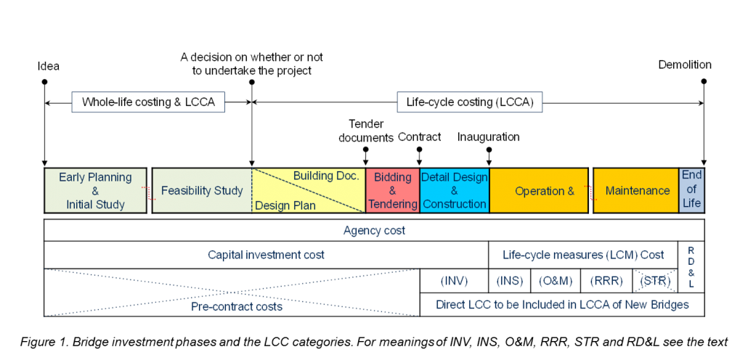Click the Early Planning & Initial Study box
point(95,191)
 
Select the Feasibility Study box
point(202,191)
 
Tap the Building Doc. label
point(326,176)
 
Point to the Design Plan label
point(285,205)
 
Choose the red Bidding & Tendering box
point(393,191)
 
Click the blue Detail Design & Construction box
point(455,191)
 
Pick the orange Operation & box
point(539,191)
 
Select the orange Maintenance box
point(637,191)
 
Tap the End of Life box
point(691,189)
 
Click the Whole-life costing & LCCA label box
point(148,102)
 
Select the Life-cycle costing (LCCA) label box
point(469,102)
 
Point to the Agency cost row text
point(374,231)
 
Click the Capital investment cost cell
point(266,255)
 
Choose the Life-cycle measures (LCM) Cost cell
point(583,255)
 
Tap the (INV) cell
point(455,281)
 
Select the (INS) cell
point(510,281)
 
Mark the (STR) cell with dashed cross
point(655,281)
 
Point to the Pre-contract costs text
point(237,306)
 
